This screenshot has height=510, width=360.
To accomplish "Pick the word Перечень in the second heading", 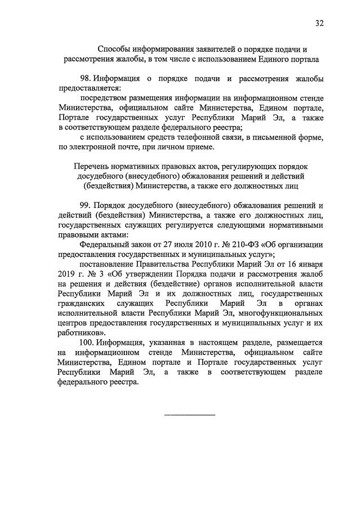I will tap(91, 166).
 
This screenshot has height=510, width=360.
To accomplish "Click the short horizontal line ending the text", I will tap(189, 415).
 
